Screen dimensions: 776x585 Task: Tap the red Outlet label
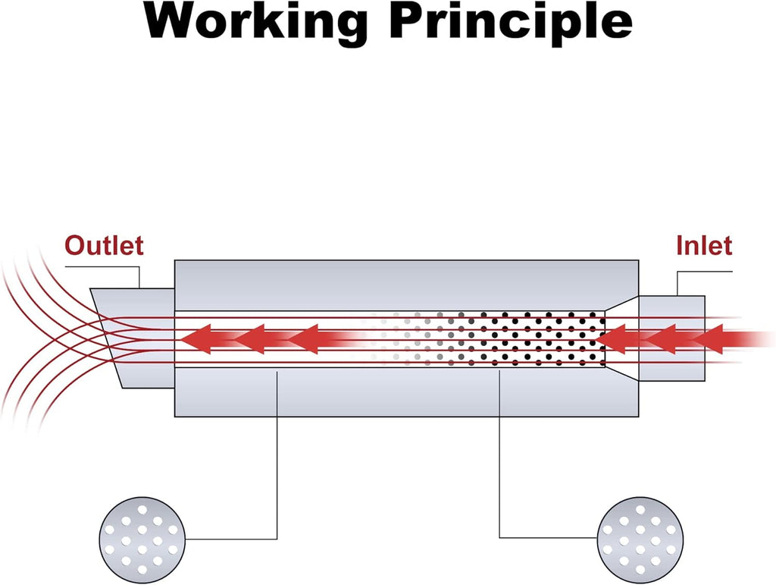pyautogui.click(x=104, y=246)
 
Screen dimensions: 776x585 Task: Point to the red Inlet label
pyautogui.click(x=704, y=246)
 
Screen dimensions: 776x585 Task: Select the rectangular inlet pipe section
pyautogui.click(x=671, y=338)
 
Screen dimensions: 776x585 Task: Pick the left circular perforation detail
pyautogui.click(x=142, y=540)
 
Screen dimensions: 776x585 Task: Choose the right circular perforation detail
pyautogui.click(x=640, y=540)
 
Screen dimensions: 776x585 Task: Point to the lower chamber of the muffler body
pyautogui.click(x=406, y=392)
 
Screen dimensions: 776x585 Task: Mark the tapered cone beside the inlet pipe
pyautogui.click(x=621, y=338)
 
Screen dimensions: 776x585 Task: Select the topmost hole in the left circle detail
pyautogui.click(x=142, y=509)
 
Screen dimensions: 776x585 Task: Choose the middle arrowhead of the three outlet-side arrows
pyautogui.click(x=249, y=339)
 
